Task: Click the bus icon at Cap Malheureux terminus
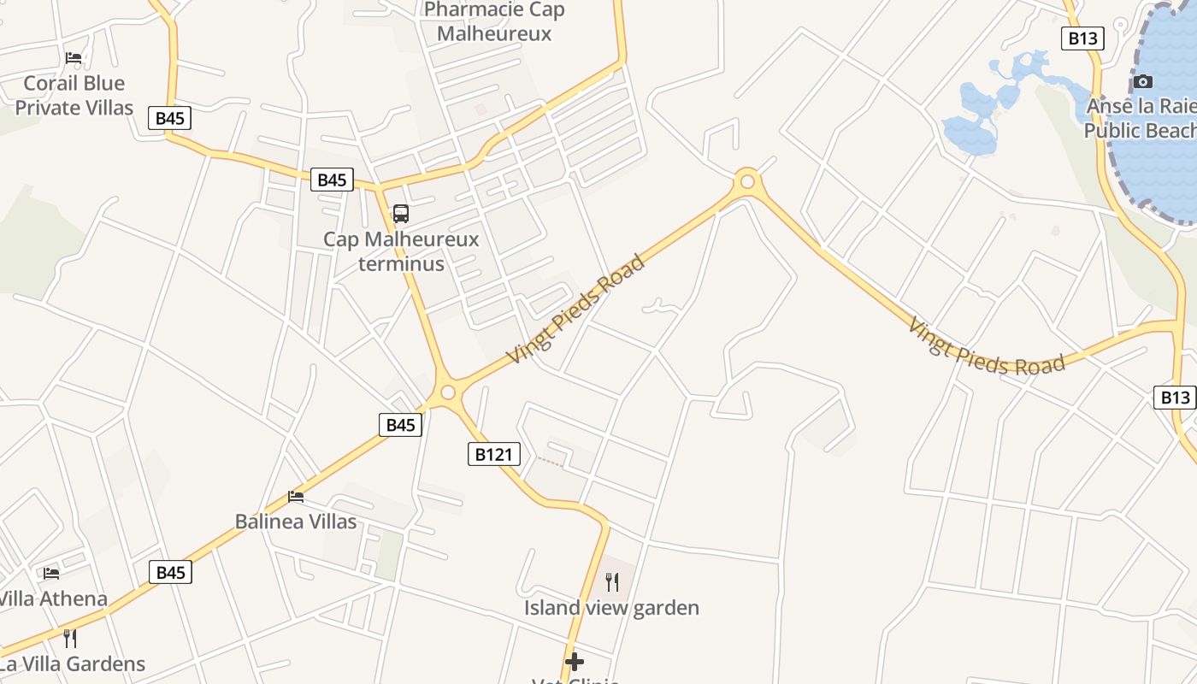pos(400,214)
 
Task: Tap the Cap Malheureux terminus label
pos(401,251)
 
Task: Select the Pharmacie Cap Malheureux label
pos(494,21)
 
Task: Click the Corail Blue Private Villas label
pos(74,95)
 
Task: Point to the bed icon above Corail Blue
pos(74,58)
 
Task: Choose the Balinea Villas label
pos(296,522)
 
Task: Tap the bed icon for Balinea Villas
pos(296,496)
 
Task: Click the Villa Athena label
pos(53,598)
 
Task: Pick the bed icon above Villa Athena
pos(51,573)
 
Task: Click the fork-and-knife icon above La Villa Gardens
pos(70,638)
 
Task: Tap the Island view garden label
pos(611,608)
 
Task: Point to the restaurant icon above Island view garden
pos(612,582)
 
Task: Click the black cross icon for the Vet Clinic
pos(575,661)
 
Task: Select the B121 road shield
pos(494,454)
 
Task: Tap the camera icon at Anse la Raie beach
pos(1143,82)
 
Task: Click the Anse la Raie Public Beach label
pos(1141,119)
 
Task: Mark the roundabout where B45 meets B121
pos(447,393)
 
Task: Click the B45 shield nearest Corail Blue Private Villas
pos(169,118)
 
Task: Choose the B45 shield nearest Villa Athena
pos(170,572)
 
